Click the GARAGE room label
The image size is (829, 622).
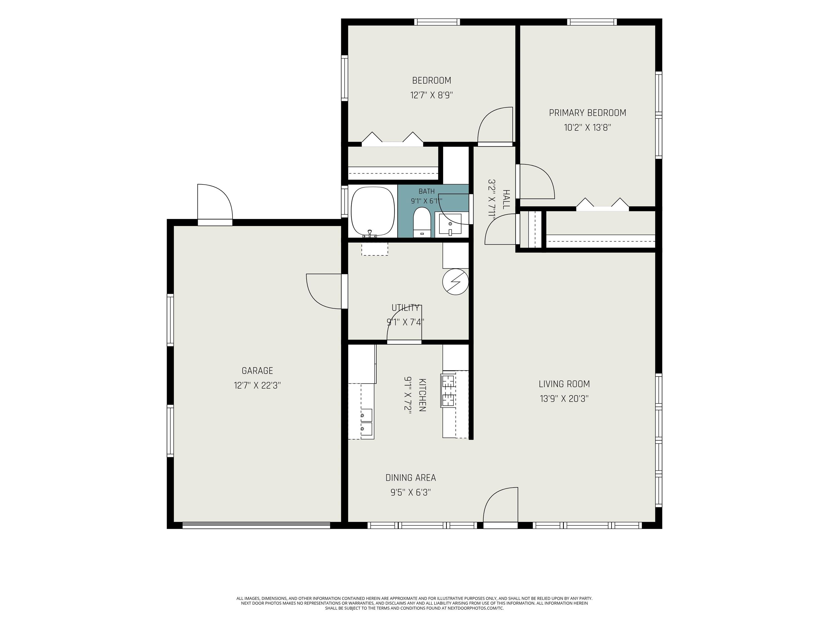[257, 371]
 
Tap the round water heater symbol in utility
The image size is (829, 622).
[455, 282]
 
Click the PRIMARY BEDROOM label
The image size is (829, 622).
[587, 113]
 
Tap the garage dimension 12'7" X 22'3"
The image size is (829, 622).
[257, 386]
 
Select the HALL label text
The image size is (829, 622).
[506, 200]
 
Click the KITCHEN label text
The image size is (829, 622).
[422, 395]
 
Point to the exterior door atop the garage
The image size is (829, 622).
[215, 204]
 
